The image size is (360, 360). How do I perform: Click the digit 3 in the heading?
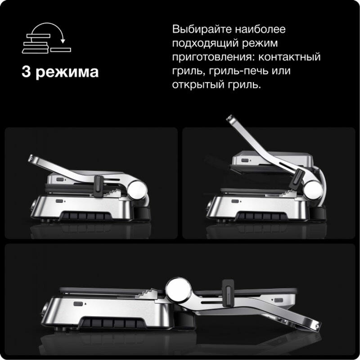pos(26,72)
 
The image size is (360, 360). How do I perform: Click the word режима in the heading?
pos(67,73)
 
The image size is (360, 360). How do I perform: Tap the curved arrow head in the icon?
pos(63,41)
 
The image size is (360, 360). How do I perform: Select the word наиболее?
pos(261,29)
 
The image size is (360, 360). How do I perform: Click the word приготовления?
pos(214,58)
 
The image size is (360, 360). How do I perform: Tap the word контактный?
pos(289,57)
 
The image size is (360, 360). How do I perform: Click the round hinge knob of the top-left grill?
pos(137,189)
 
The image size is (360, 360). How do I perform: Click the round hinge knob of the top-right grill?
pos(313,189)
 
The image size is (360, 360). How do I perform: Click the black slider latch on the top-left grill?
pos(98,186)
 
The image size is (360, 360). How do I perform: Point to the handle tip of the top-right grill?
pos(230,118)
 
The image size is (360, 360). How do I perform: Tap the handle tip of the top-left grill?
pos(31,158)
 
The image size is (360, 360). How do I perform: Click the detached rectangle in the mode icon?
pos(61,49)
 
